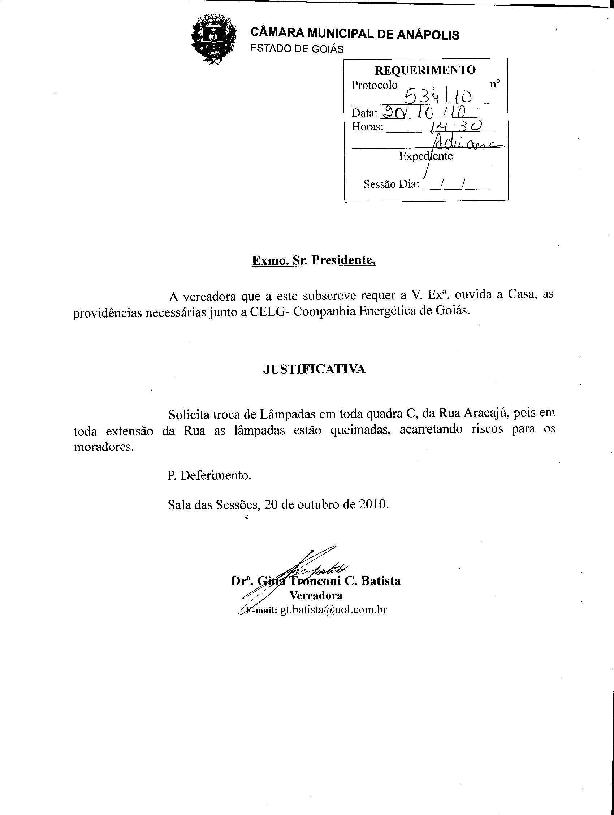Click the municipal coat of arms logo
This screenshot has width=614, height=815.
[x=213, y=39]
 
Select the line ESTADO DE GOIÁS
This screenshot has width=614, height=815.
[x=297, y=49]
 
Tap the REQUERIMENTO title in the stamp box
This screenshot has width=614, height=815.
[x=425, y=70]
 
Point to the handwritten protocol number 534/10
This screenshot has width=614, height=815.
[x=438, y=96]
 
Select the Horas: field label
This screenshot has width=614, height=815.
[x=367, y=127]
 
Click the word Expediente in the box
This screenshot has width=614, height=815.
[x=426, y=156]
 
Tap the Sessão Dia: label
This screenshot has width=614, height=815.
[x=391, y=184]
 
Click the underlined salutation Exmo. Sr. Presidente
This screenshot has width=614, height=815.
[x=314, y=260]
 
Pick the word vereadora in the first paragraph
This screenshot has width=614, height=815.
[x=208, y=296]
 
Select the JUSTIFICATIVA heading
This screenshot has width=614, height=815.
[x=314, y=369]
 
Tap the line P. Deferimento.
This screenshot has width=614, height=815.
[x=209, y=475]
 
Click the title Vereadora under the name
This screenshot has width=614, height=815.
[x=316, y=595]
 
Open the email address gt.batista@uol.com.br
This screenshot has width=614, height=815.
[x=333, y=610]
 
